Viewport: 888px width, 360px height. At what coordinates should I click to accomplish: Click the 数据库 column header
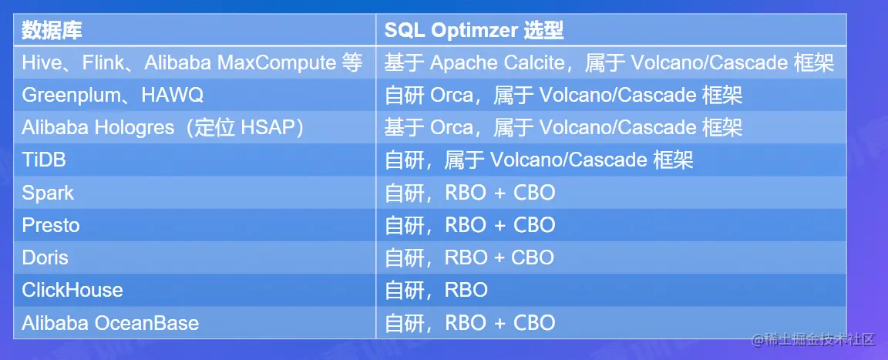pyautogui.click(x=52, y=31)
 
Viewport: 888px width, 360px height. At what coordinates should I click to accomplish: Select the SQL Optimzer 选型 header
pyautogui.click(x=474, y=31)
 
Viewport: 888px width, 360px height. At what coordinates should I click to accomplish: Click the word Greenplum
pyautogui.click(x=72, y=95)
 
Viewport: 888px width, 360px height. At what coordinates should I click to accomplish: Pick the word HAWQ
pyautogui.click(x=172, y=95)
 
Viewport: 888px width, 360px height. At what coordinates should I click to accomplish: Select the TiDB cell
pyautogui.click(x=44, y=160)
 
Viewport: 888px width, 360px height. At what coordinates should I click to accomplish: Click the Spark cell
pyautogui.click(x=48, y=193)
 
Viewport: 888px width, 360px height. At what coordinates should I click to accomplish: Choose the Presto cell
pyautogui.click(x=50, y=225)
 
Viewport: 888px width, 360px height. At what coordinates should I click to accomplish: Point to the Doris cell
pyautogui.click(x=45, y=257)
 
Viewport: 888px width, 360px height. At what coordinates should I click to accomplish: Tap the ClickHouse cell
pyautogui.click(x=72, y=291)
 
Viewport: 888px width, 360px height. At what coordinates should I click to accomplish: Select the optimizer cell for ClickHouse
pyautogui.click(x=436, y=291)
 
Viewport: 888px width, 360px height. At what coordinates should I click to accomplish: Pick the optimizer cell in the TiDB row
pyautogui.click(x=539, y=160)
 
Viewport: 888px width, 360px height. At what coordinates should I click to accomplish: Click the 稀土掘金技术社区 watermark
pyautogui.click(x=813, y=340)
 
